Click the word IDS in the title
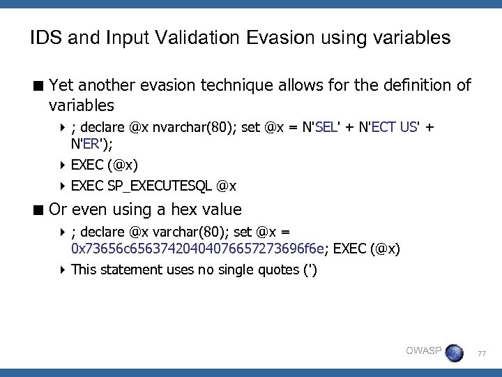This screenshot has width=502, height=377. pyautogui.click(x=44, y=38)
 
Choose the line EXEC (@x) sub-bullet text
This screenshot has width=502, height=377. pyautogui.click(x=105, y=165)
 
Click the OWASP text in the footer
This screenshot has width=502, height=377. pyautogui.click(x=423, y=351)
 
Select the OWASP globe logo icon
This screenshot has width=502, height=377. pyautogui.click(x=453, y=353)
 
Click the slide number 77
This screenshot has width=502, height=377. pyautogui.click(x=481, y=355)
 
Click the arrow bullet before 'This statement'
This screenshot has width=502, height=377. pyautogui.click(x=63, y=269)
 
